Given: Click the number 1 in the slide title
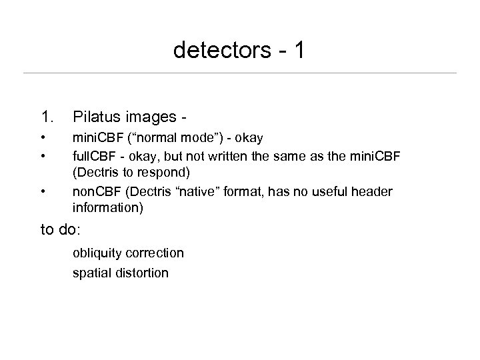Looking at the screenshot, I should point(297,50).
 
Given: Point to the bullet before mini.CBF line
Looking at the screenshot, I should point(43,137).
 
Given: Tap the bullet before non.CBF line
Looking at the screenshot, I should point(43,192).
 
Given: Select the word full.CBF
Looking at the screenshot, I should point(95,156).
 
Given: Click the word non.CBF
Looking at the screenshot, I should point(97,192).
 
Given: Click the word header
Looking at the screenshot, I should point(372,192).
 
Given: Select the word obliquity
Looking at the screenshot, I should point(97,253).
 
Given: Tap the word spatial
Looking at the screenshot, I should point(92,273).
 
